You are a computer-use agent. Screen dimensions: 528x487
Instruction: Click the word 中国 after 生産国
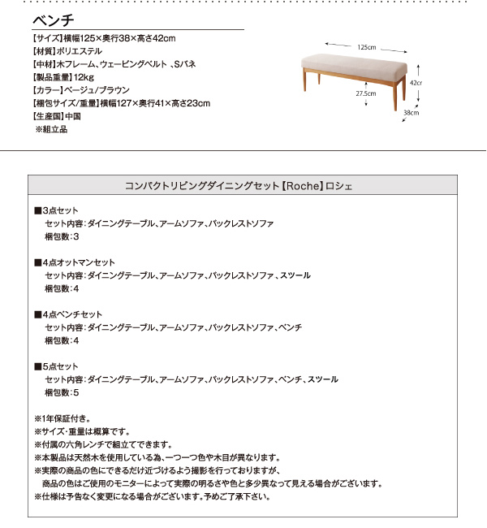(74, 116)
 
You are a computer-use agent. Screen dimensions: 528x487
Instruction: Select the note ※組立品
(51, 129)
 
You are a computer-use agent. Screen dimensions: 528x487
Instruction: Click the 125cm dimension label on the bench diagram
(367, 48)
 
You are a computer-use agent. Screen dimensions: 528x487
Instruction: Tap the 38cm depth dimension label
(411, 113)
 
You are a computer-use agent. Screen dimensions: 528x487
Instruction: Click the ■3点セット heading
(56, 210)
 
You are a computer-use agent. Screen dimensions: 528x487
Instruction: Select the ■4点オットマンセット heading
(75, 262)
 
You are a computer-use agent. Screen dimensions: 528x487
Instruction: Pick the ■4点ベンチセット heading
(68, 314)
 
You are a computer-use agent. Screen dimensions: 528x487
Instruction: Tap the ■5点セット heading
(56, 366)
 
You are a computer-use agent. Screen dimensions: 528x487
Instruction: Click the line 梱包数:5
(62, 392)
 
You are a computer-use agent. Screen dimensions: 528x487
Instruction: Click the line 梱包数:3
(62, 236)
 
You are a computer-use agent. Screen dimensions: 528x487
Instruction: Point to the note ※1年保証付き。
(67, 418)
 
